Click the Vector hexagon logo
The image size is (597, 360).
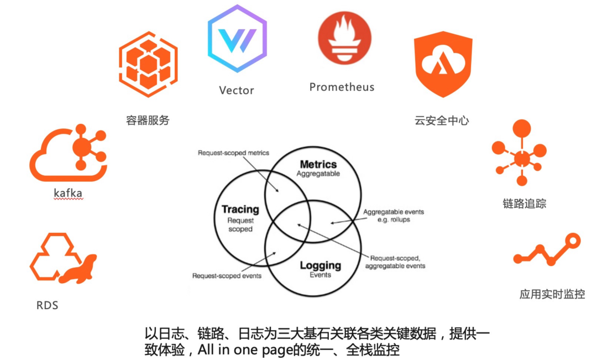(237, 38)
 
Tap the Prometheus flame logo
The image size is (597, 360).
(344, 38)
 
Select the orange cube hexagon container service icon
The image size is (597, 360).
(148, 64)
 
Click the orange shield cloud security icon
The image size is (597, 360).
(443, 64)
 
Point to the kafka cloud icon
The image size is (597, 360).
(69, 153)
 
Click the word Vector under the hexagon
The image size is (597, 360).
(237, 90)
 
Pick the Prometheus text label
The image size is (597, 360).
(342, 87)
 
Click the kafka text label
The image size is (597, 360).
(68, 193)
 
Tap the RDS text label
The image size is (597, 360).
(47, 305)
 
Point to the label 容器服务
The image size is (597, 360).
(148, 121)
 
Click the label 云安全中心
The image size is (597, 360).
(442, 121)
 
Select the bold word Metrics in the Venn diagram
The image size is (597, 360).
(318, 164)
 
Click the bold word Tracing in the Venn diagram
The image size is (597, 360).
(240, 209)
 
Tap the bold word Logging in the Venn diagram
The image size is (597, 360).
(320, 265)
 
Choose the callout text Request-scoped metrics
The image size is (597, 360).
(233, 153)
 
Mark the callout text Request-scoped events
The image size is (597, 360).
(227, 276)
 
